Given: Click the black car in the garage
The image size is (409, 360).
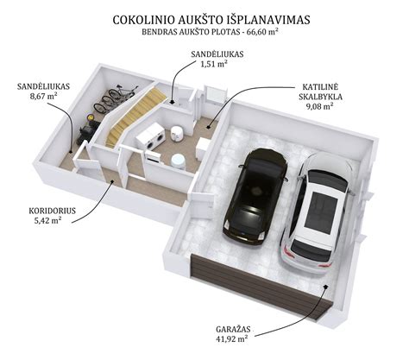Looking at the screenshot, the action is click(255, 196).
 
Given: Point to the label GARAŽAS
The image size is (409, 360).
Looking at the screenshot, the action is click(233, 329).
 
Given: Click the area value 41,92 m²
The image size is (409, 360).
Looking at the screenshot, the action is click(232, 339).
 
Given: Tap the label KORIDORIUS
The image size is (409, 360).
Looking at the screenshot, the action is click(52, 211).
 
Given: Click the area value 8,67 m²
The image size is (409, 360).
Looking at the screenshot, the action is click(43, 96).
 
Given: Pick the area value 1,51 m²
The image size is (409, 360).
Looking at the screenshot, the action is click(214, 64).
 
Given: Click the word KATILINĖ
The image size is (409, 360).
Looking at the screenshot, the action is click(320, 86).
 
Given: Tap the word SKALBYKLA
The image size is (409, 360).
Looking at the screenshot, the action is click(320, 97).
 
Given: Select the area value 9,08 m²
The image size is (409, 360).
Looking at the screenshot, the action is click(319, 106).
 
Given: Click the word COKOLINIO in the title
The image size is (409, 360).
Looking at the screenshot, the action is click(144, 20).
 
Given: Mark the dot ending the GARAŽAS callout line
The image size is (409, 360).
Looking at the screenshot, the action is click(325, 286).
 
